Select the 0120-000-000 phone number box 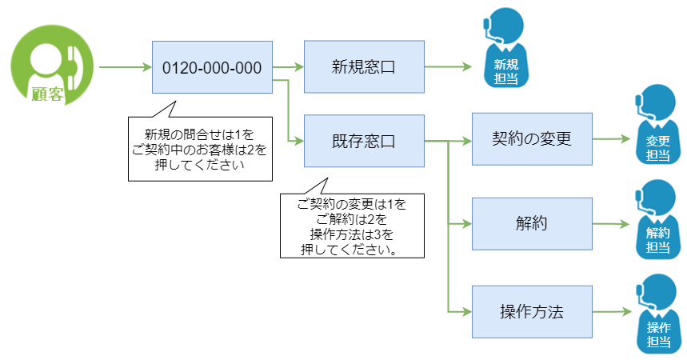pos(212,68)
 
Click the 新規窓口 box pos(364,68)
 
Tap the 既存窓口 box pos(364,142)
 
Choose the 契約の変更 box pos(532,139)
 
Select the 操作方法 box pos(532,310)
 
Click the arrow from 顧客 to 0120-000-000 pos(125,67)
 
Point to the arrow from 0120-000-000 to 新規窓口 pos(288,67)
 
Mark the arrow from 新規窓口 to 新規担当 pos(448,67)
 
